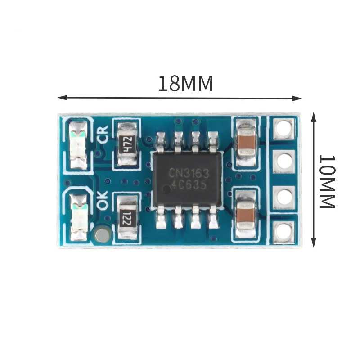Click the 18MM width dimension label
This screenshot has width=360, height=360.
tap(185, 83)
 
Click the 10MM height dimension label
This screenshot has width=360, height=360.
tap(328, 182)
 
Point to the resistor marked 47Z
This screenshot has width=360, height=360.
tap(127, 144)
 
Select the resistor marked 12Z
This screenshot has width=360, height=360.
tap(127, 217)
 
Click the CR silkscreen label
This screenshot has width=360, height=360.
tap(103, 135)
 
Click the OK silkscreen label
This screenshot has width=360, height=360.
tap(103, 200)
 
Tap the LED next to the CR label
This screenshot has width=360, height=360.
tap(78, 145)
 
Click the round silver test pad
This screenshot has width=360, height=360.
tap(102, 234)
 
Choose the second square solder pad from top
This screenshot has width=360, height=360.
tap(284, 162)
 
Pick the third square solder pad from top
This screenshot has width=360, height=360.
tap(283, 197)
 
